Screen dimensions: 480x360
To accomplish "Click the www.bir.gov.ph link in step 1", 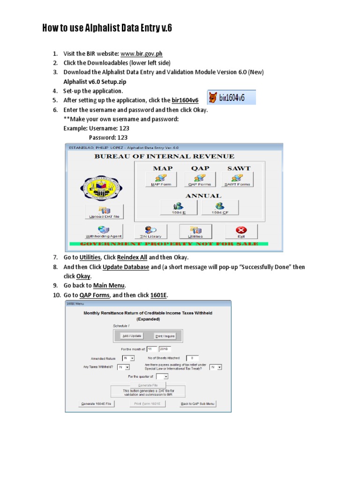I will click(142, 53).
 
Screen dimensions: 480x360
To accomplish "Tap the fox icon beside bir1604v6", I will click(213, 98).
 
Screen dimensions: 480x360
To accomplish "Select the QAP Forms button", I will click(200, 180).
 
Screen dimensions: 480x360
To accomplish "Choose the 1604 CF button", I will click(220, 208).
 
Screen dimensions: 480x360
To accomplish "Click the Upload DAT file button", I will click(105, 212).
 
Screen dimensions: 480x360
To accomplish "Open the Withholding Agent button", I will click(104, 232).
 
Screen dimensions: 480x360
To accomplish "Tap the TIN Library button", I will click(150, 232).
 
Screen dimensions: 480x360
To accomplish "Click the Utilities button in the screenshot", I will click(195, 232).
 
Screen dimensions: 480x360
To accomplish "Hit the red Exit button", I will click(241, 232).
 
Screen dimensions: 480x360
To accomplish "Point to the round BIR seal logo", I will click(100, 187).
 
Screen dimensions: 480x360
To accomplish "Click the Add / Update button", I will click(131, 336).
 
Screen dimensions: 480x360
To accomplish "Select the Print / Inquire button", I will click(165, 336).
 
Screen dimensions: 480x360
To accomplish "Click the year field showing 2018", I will click(165, 349).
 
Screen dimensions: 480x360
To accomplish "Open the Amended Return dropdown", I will click(128, 358).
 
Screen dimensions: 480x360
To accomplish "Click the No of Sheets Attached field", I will click(192, 358).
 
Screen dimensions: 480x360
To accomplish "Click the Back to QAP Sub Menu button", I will click(198, 404).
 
